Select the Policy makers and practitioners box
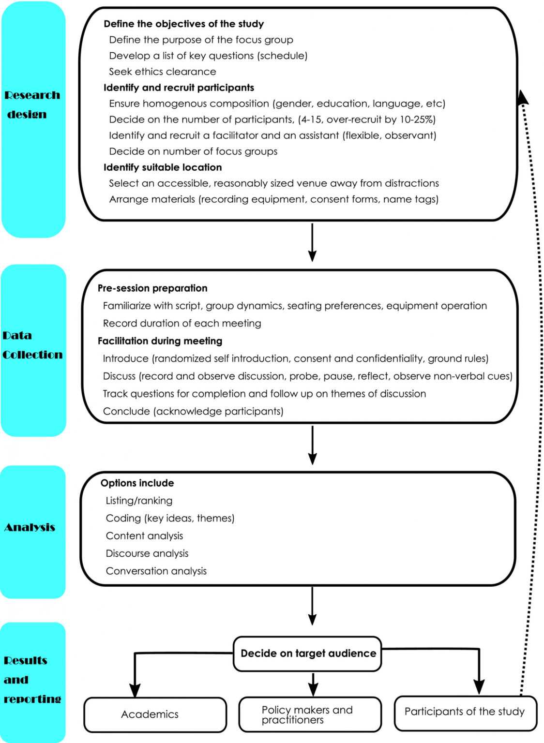pos(310,714)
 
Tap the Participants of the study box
pos(465,712)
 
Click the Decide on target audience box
pos(308,654)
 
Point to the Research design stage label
pos(32,104)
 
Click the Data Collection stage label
pos(32,345)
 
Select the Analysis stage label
pos(30,527)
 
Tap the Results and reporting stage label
pos(32,680)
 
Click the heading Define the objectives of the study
pos(183,24)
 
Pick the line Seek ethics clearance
pos(162,72)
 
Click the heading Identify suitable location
pos(163,167)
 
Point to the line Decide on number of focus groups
pos(193,151)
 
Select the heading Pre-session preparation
pos(152,288)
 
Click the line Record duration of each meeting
pos(182,323)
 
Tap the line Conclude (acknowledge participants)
pos(193,411)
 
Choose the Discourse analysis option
pos(147,553)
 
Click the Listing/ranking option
pos(139,501)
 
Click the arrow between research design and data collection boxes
pos(313,242)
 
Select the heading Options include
pos(137,483)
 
